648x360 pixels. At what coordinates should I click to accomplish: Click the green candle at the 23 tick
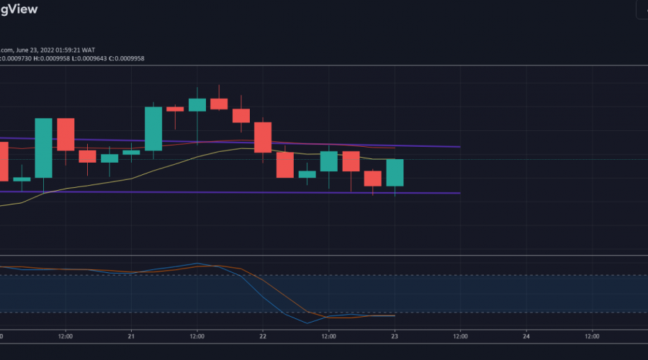point(395,173)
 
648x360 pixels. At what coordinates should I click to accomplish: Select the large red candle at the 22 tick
point(263,137)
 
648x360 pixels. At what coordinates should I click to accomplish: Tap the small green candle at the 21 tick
point(131,152)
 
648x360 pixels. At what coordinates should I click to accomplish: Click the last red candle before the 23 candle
point(372,179)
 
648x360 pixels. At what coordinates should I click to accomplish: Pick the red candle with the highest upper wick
point(219,104)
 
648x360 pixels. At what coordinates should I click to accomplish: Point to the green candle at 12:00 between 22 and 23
point(329,161)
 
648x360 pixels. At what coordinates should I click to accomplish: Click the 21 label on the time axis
point(131,336)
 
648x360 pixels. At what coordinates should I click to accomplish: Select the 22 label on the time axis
point(263,336)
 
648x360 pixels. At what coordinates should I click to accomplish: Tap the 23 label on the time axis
point(395,336)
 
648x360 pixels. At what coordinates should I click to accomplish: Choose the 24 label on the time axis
point(526,336)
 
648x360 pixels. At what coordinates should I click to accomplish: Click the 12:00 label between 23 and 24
point(461,336)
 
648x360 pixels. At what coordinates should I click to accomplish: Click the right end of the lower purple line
point(459,193)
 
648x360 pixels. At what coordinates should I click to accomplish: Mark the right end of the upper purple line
point(459,146)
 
